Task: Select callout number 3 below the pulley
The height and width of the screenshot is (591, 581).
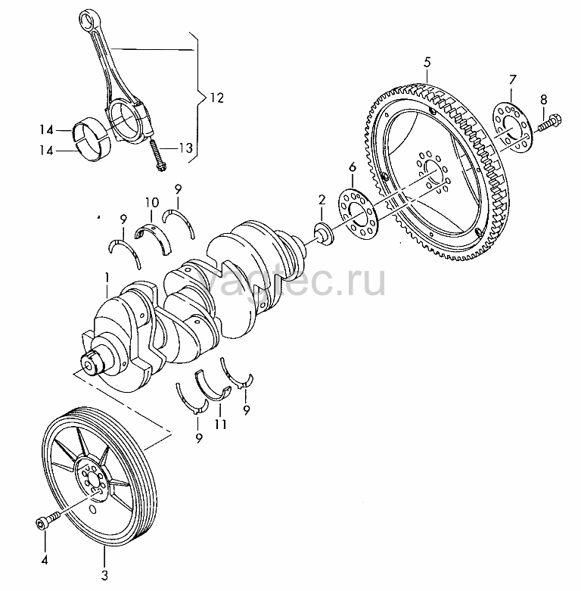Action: (104, 574)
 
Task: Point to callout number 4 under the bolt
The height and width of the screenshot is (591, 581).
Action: (44, 561)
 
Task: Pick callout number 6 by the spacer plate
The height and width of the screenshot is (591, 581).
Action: (352, 166)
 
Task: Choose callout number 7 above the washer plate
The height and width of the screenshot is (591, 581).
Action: (512, 79)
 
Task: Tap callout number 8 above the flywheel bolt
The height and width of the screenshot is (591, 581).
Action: (542, 99)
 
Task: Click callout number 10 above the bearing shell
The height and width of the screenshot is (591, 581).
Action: (151, 203)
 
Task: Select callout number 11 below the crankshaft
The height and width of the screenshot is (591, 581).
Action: (220, 425)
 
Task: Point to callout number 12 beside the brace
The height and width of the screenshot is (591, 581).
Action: (217, 98)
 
